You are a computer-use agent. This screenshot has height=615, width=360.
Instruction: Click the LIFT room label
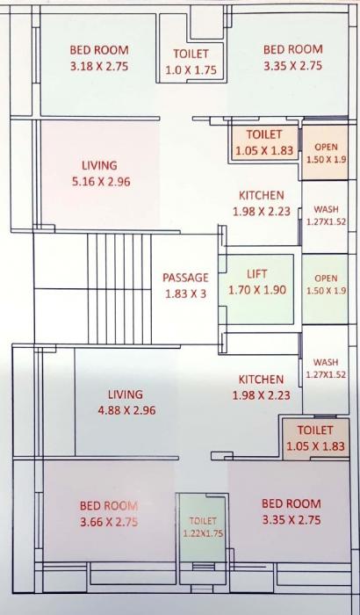coord(258,274)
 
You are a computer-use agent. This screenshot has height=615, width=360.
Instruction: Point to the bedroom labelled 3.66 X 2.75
coord(109,513)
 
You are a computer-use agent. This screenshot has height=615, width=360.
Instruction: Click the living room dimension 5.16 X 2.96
coord(99,182)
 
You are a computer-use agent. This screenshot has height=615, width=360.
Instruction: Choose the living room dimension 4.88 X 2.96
coord(126,410)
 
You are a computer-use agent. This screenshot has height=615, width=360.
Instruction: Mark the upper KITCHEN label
coord(262,195)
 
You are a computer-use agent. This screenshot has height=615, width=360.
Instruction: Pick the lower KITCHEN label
coord(262,380)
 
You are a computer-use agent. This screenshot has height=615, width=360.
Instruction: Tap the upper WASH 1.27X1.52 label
coord(326,216)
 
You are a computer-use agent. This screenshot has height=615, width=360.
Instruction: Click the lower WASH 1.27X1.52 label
coord(326,368)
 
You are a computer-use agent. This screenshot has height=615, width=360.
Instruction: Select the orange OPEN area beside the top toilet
coord(326,153)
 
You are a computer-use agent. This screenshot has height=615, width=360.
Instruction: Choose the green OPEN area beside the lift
coord(326,284)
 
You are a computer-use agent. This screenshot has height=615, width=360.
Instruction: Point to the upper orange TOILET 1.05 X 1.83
coord(263,142)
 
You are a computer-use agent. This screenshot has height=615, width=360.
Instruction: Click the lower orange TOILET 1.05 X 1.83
coord(315,438)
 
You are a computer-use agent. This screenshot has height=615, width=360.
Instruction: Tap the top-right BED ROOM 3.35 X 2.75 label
coord(292,58)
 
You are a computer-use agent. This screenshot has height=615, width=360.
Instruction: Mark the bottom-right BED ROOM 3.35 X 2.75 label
coord(291,512)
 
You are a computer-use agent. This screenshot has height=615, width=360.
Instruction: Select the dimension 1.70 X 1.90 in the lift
coord(258,290)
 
